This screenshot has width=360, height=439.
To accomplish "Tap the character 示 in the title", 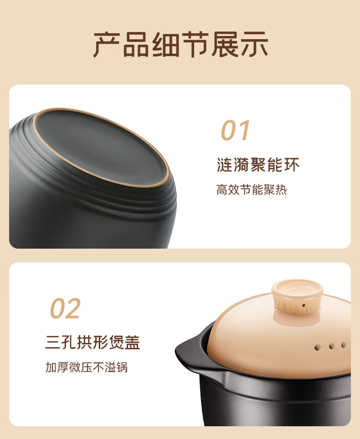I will point(253,44).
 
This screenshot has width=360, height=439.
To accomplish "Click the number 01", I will point(235,131).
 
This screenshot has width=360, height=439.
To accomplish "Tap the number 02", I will point(65,308).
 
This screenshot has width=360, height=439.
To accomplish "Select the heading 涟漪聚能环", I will point(258,165).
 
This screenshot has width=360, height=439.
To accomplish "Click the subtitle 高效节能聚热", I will point(252,189).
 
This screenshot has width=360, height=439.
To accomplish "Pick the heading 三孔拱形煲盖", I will point(93,342).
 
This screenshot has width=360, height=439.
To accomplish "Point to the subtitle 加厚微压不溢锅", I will point(87,367).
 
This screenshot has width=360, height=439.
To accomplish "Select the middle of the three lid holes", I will point(332,347).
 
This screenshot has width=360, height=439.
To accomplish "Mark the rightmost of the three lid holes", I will point(344,345).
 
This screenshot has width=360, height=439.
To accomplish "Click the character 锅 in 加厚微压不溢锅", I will point(122,367).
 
